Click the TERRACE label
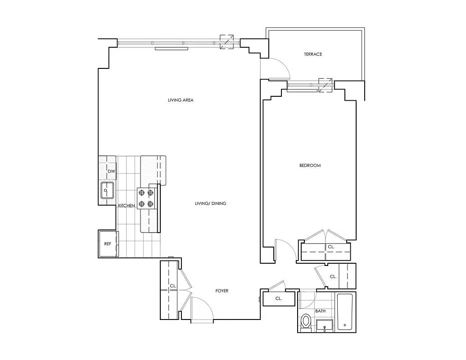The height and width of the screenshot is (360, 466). [x=313, y=54]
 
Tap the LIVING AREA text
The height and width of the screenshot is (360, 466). [x=181, y=100]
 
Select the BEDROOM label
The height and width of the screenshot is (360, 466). [x=310, y=166]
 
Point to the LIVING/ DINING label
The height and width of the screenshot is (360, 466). [x=210, y=204]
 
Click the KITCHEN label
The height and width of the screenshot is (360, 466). [x=126, y=206]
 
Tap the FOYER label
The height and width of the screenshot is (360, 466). [x=222, y=291]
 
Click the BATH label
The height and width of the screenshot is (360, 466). [x=320, y=311]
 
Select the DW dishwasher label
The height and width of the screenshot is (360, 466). [x=111, y=171]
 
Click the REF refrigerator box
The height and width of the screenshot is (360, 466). [x=108, y=244]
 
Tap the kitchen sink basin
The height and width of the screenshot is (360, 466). [x=107, y=190]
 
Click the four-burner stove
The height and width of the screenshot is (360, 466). [x=147, y=198]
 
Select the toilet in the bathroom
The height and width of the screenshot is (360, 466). [x=307, y=322]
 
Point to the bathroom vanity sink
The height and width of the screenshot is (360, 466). [x=324, y=325]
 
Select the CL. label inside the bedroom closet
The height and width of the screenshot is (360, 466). [x=330, y=247]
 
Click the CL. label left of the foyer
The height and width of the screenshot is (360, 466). [x=173, y=286]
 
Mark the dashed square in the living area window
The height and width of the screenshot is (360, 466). [x=226, y=42]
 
